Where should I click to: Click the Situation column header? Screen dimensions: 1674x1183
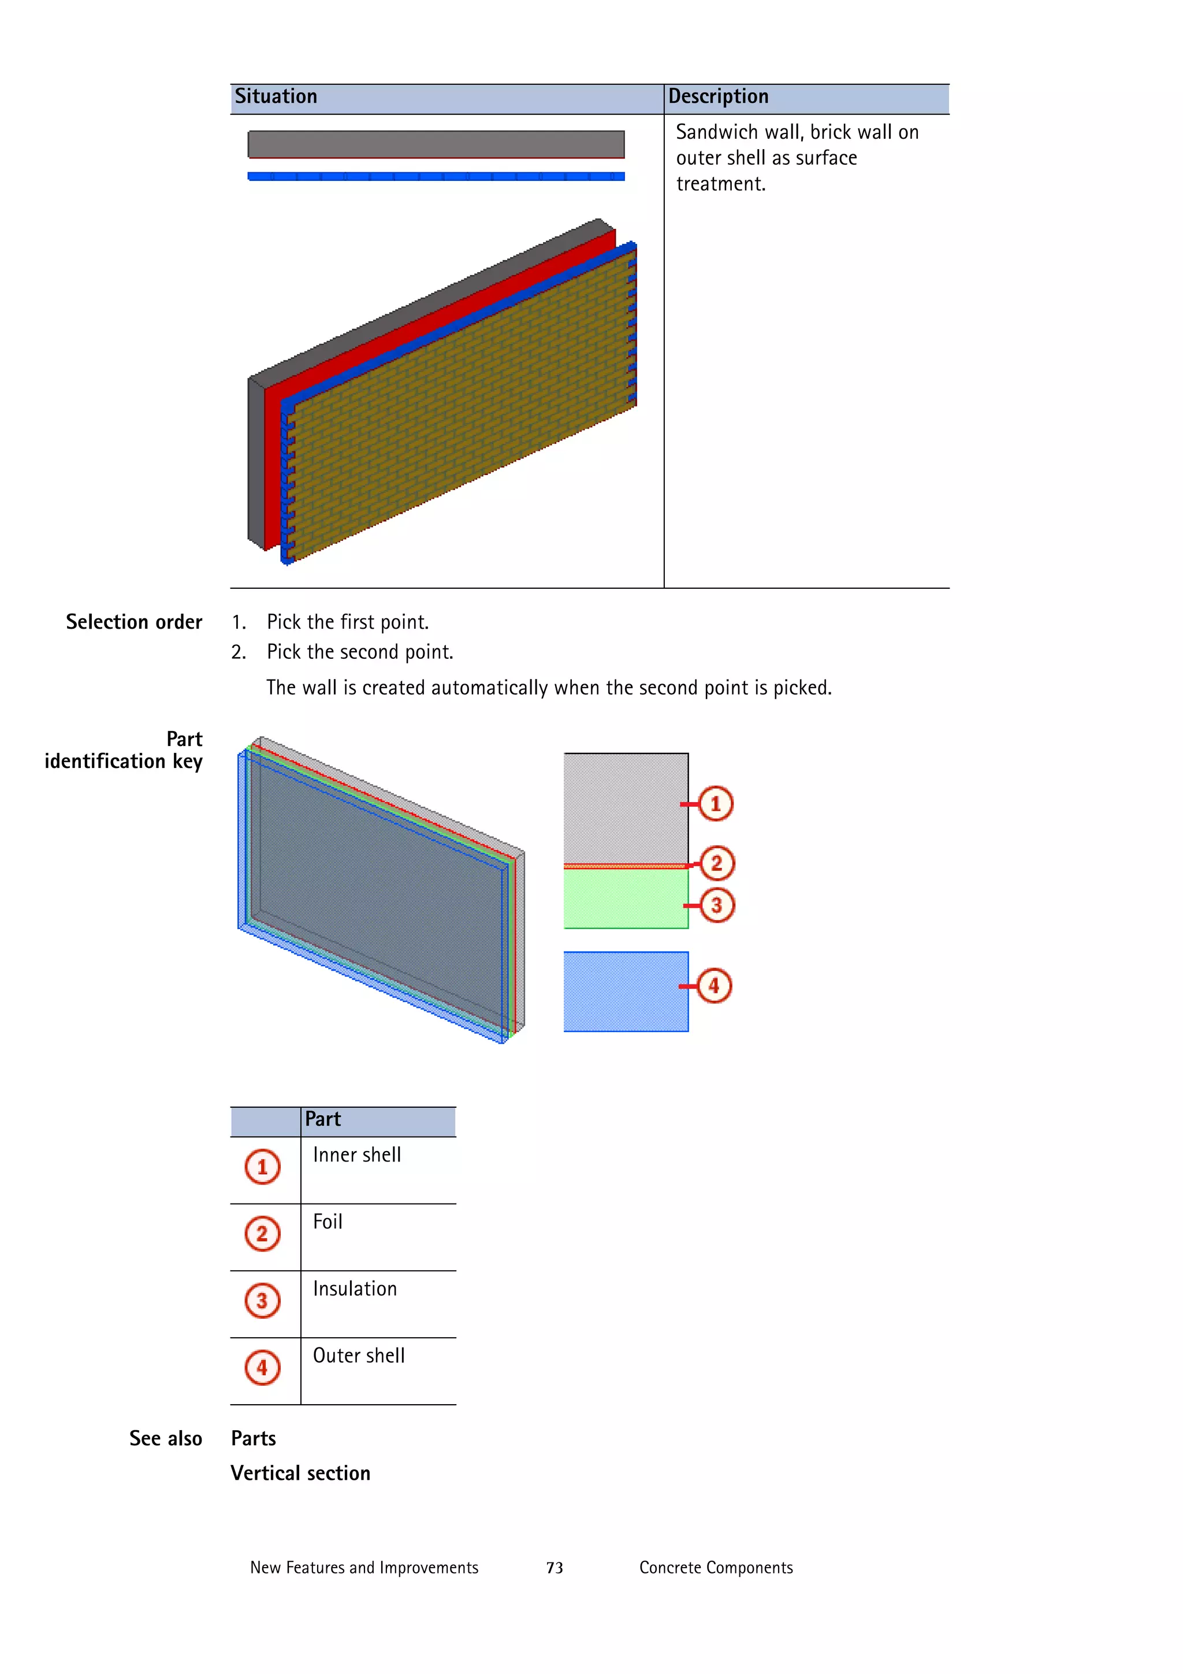point(276,97)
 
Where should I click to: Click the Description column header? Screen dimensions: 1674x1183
point(718,97)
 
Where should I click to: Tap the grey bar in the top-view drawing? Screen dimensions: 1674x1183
point(436,144)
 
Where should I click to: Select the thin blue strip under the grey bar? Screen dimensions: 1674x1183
point(436,176)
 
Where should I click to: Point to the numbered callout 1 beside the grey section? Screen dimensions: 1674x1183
point(715,803)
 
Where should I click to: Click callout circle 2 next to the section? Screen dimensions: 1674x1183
point(716,863)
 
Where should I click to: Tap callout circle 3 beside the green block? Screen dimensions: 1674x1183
point(716,905)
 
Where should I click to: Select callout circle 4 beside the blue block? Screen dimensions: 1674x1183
point(713,986)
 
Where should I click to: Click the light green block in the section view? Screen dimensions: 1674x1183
point(626,898)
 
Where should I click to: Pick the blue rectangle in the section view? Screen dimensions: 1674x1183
point(626,992)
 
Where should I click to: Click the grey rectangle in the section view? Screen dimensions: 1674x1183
point(626,808)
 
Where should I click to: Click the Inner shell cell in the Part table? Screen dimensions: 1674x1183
point(357,1156)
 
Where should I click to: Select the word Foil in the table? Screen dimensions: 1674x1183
point(328,1222)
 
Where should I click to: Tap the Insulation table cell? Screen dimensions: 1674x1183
point(355,1289)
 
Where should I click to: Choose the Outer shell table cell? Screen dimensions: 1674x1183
point(359,1356)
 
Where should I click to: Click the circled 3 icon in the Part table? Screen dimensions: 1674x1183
point(262,1301)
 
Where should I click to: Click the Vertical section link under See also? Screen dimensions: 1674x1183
point(300,1473)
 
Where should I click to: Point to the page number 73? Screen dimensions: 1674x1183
point(555,1568)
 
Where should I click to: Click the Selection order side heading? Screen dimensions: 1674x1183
point(134,622)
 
